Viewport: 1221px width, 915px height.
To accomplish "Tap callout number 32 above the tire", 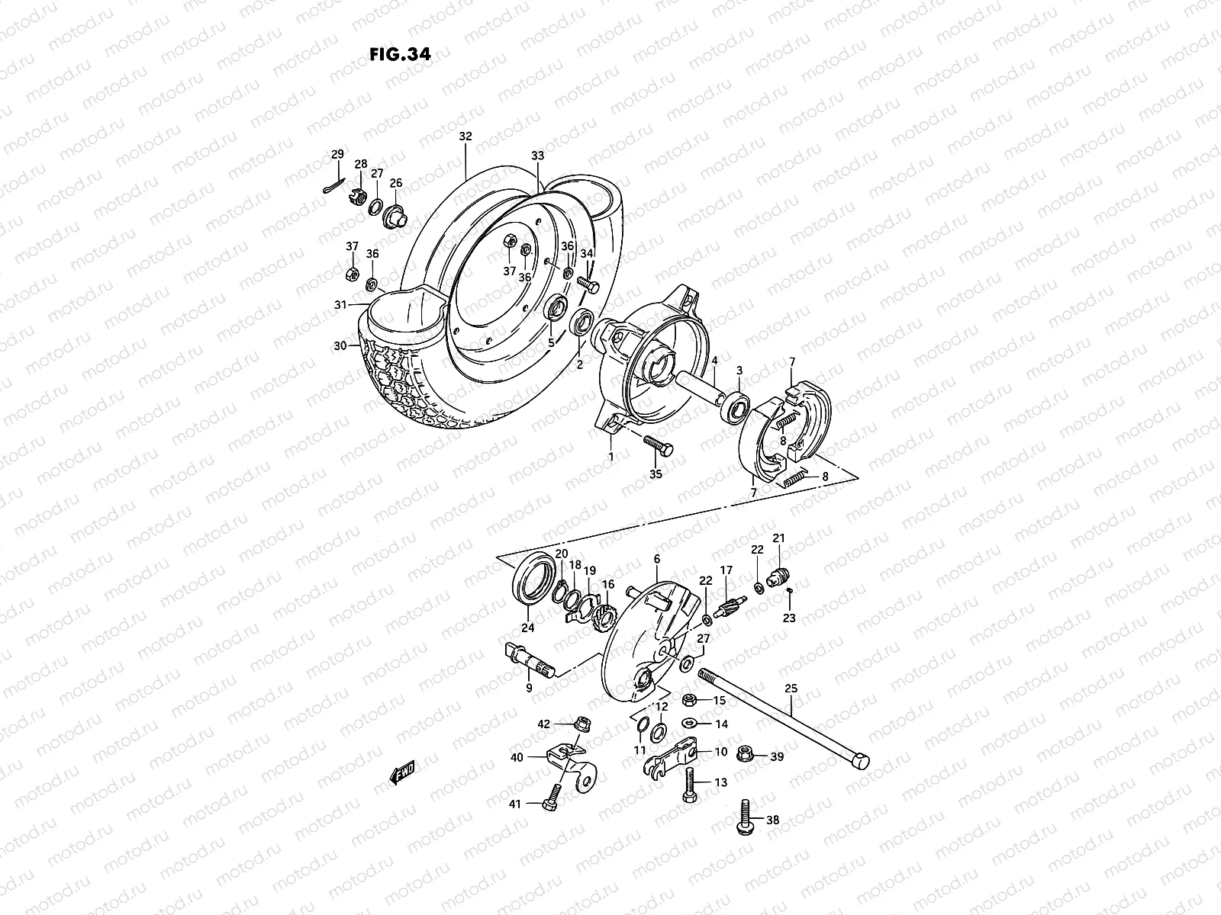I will tap(487, 136).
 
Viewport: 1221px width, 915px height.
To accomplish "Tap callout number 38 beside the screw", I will tap(773, 820).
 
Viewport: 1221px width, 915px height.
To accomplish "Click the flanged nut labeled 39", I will tap(746, 754).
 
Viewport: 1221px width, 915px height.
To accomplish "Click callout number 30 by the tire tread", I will tap(340, 345).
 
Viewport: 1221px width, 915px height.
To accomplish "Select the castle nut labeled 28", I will tap(355, 200).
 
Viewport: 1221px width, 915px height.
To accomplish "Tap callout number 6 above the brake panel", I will tap(656, 559).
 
